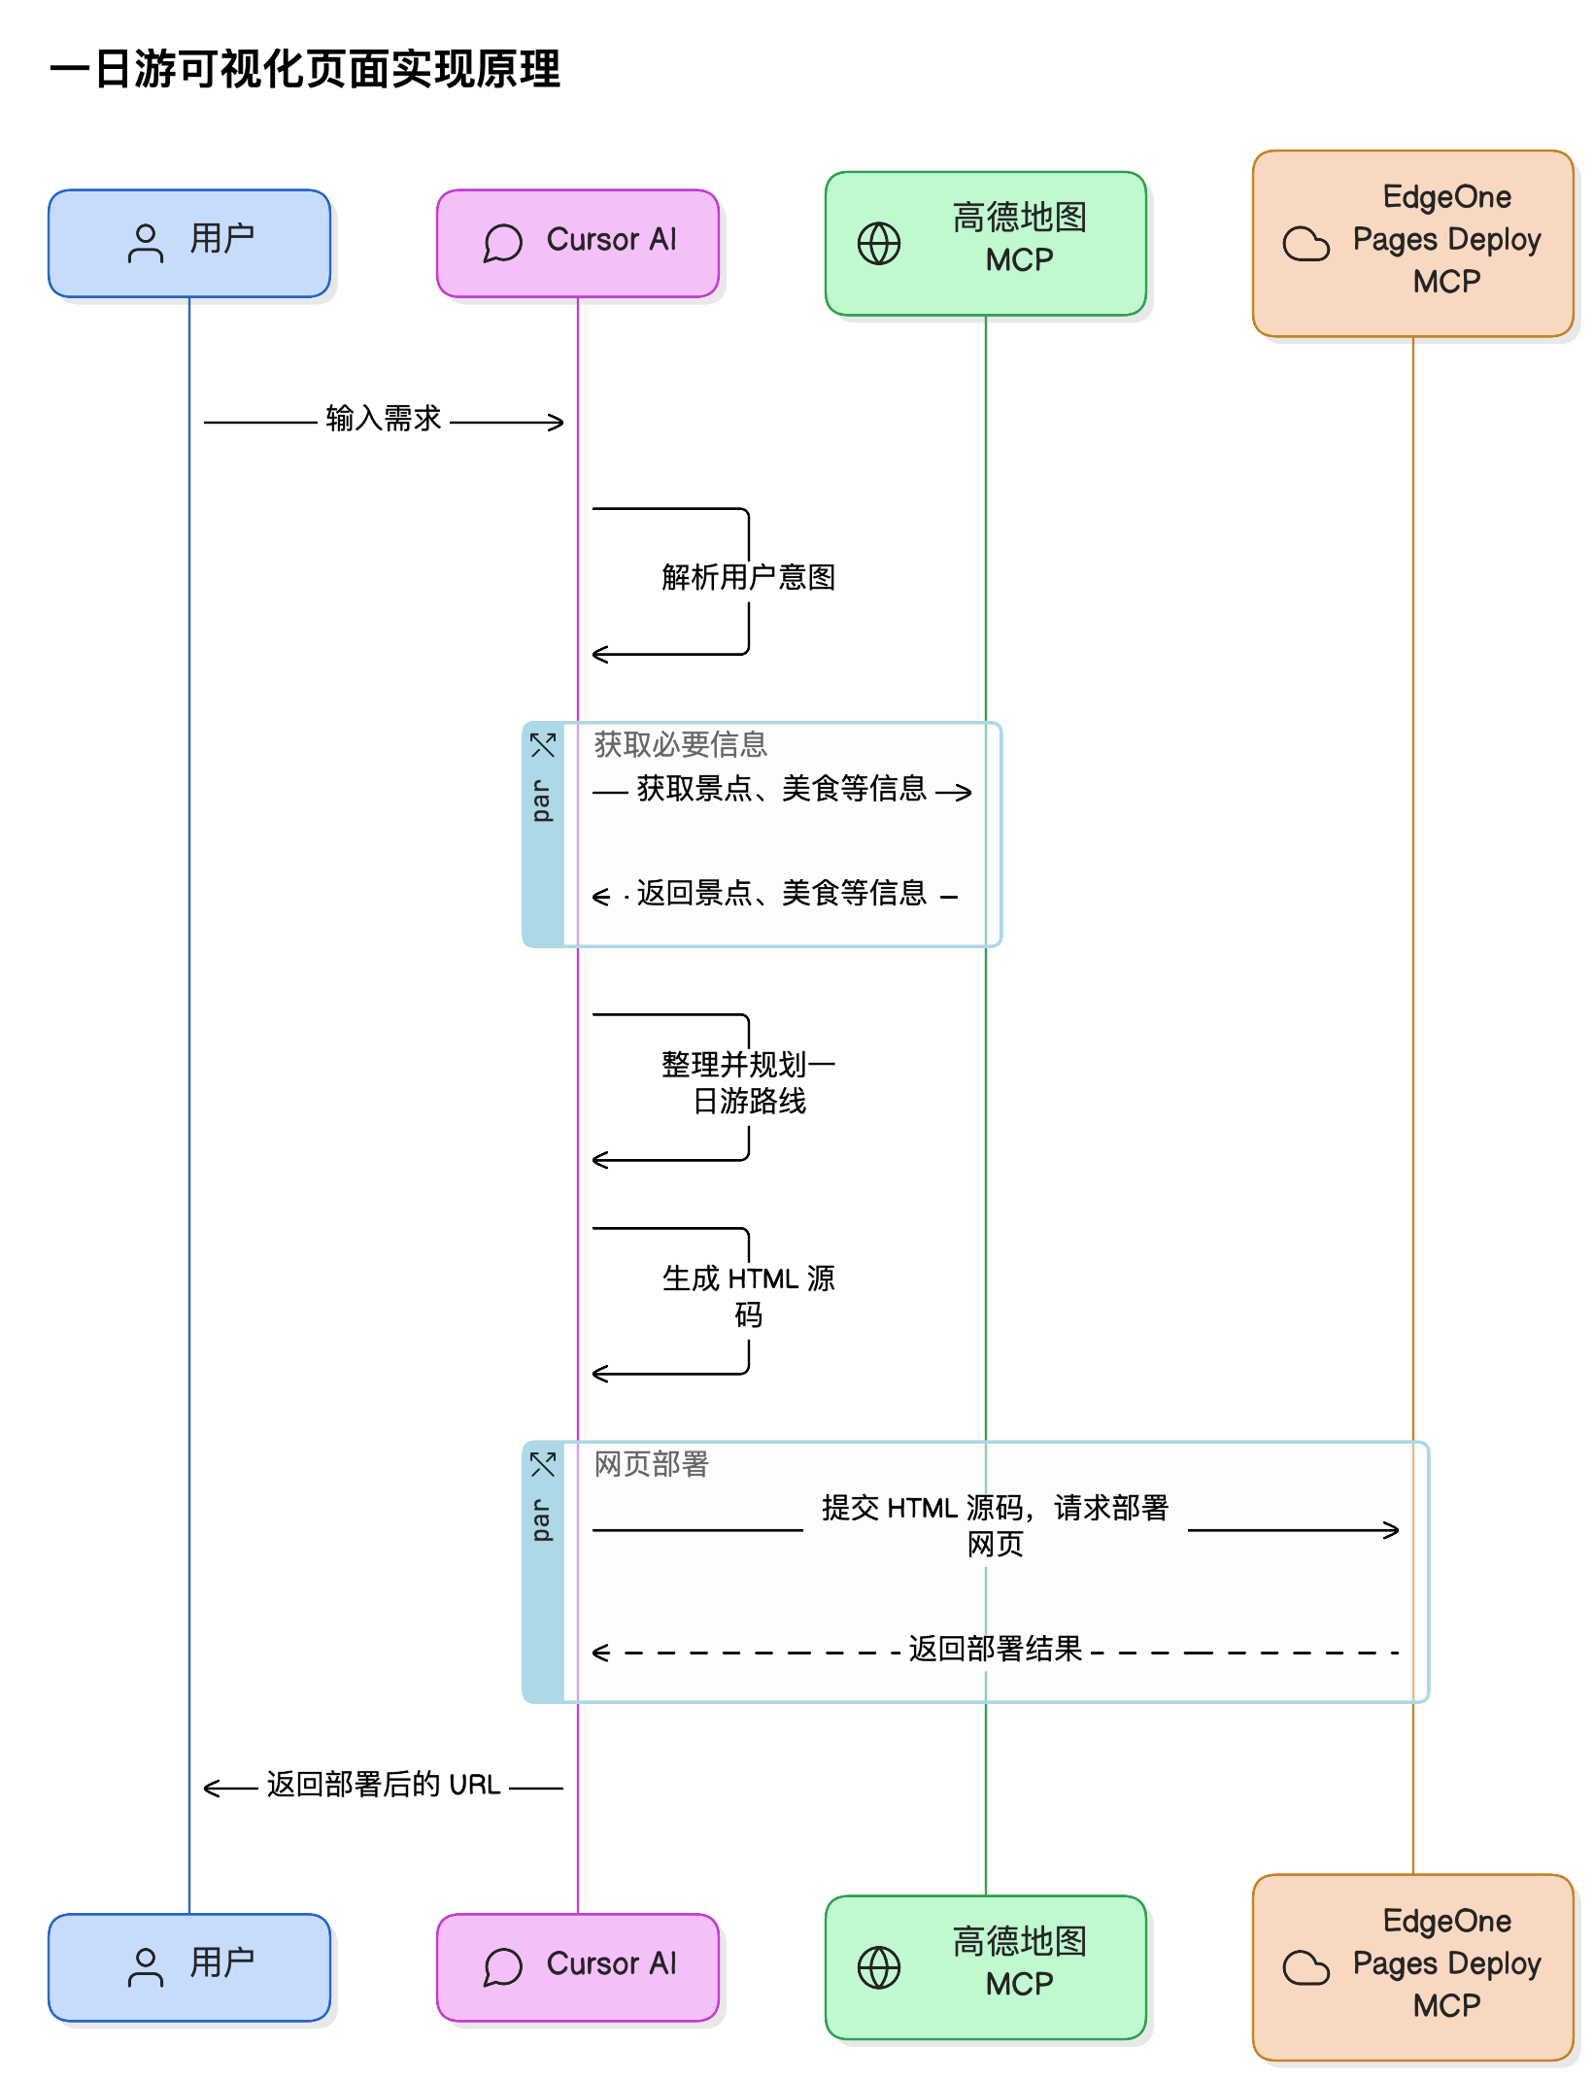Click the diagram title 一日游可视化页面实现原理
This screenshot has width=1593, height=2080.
305,70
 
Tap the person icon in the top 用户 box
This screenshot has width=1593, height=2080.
146,244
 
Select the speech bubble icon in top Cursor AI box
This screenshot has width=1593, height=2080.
503,243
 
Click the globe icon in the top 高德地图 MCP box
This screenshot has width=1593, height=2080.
879,244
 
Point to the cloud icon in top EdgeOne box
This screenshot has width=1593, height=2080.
1306,244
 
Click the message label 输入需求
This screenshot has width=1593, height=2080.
384,419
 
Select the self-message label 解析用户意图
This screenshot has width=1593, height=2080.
749,578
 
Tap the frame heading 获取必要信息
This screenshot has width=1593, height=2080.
681,745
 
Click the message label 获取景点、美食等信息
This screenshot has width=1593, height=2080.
782,789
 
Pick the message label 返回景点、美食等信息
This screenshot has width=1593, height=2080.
782,894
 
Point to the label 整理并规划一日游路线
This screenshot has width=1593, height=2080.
749,1083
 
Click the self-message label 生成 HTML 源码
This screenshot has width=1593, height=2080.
749,1297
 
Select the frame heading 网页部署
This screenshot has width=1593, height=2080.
652,1464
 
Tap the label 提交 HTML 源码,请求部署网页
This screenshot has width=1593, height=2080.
996,1526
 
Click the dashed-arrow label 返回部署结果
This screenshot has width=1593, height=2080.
996,1649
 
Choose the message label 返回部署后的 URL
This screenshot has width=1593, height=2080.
384,1785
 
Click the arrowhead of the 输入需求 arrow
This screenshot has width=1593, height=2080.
557,423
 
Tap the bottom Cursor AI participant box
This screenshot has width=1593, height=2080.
578,1967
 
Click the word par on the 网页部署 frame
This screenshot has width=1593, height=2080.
541,1520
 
